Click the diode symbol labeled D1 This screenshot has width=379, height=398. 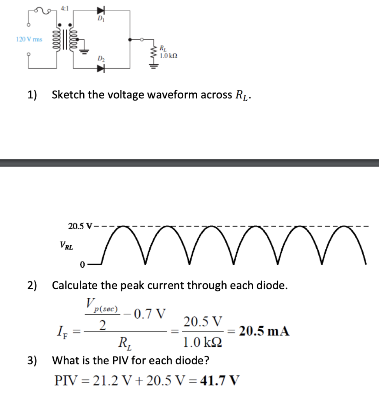tap(102, 10)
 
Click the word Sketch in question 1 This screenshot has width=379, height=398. tap(68, 94)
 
